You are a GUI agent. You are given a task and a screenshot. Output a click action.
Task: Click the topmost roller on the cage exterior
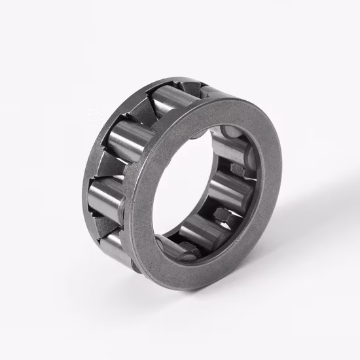coord(175,96)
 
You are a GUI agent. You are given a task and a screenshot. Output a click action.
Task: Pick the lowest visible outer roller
coord(118,245)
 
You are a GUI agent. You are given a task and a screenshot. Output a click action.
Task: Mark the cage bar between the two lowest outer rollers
coord(111,223)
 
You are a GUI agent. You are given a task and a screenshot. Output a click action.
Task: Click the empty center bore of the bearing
coord(196,190)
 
